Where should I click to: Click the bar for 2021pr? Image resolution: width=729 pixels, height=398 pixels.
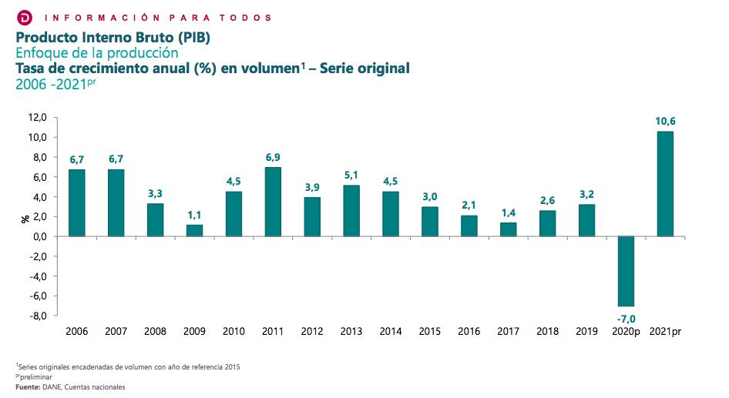(664, 184)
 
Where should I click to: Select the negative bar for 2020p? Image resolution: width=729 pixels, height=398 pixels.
(626, 271)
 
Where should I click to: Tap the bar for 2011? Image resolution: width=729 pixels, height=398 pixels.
(273, 202)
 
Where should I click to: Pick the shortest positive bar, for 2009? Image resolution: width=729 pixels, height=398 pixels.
(194, 230)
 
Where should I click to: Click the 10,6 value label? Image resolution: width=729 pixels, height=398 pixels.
(664, 121)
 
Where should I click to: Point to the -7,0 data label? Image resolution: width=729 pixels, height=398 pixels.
(625, 318)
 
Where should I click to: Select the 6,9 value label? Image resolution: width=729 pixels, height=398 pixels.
(273, 157)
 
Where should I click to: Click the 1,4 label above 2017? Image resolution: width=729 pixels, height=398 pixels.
(508, 212)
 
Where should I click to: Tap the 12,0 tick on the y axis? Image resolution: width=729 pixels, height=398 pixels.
(38, 118)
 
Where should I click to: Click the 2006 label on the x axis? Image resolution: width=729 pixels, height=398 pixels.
(76, 332)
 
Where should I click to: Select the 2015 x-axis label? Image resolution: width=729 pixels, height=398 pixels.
(429, 332)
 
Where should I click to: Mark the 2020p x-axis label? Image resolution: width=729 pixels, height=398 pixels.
(625, 332)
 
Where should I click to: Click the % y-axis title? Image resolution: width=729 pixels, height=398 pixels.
(25, 218)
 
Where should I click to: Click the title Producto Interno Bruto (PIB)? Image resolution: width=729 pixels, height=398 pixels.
(113, 37)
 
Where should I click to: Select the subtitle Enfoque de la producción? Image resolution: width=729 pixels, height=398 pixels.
(97, 53)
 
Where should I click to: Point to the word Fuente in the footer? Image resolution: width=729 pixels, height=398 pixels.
(29, 386)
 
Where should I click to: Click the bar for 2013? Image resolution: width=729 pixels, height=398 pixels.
(351, 211)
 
